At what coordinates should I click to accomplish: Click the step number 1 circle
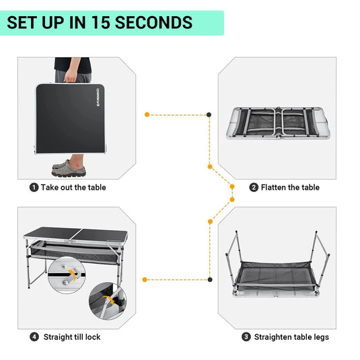point(34,188)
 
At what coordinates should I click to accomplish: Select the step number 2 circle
point(254,188)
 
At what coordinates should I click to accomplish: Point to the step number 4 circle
point(34,336)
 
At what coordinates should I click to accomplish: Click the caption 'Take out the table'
point(73,188)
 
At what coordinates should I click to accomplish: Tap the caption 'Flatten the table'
point(290,188)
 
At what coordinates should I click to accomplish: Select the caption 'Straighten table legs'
point(290,336)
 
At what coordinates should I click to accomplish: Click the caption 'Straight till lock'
point(72,336)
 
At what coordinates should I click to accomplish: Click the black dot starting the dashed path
point(209,115)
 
